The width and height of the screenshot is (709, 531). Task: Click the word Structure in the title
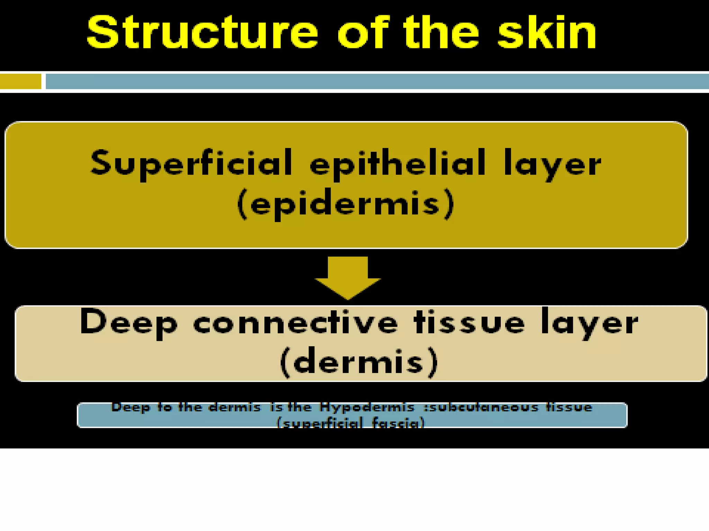(x=203, y=33)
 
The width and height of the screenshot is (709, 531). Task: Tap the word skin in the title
(x=547, y=33)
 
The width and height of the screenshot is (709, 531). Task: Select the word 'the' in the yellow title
(x=441, y=33)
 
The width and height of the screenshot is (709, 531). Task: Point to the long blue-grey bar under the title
(x=377, y=82)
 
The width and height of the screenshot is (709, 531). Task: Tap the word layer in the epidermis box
(x=552, y=164)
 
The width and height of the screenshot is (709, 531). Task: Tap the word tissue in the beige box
(x=469, y=323)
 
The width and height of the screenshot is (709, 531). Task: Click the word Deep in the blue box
(x=131, y=408)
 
